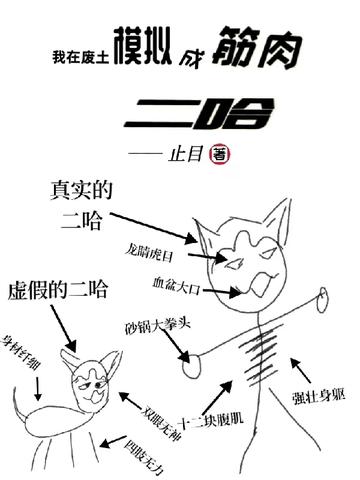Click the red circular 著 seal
tap(219, 154)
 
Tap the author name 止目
tap(186, 154)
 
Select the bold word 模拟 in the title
tap(143, 46)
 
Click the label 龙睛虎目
tap(150, 252)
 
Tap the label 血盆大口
tap(177, 285)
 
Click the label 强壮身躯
tap(319, 397)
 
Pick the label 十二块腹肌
tap(211, 420)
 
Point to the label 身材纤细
tap(22, 352)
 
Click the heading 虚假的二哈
tap(58, 289)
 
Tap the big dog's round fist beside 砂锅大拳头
tap(192, 366)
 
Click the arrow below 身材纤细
tap(38, 388)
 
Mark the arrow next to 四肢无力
tap(113, 441)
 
